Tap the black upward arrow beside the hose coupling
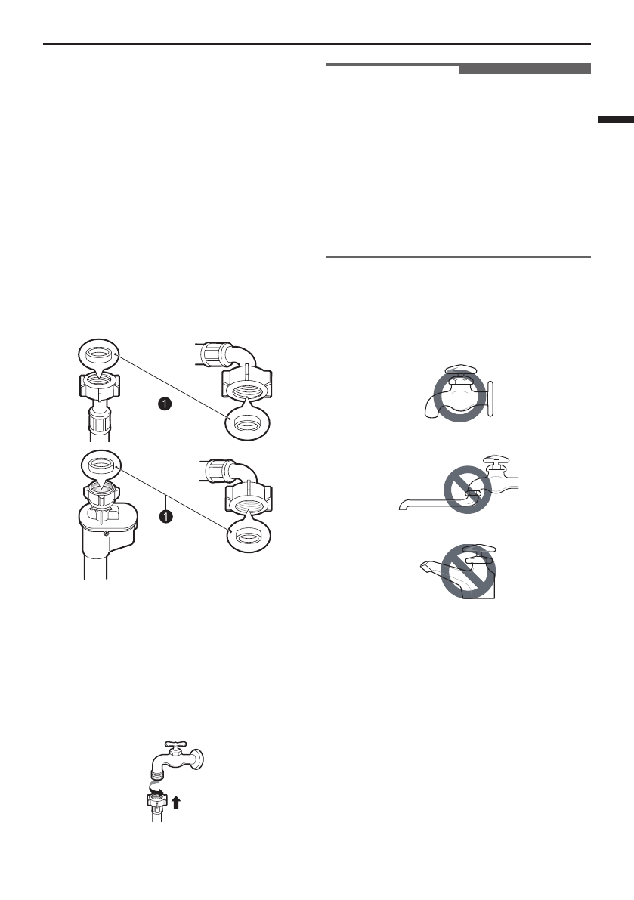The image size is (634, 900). point(176,803)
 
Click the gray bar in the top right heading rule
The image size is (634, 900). point(524,70)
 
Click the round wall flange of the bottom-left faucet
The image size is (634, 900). point(197,758)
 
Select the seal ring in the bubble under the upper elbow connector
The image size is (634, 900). point(245,425)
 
